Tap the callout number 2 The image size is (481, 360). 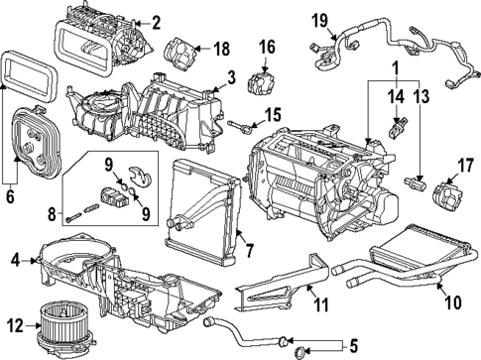pos(153,22)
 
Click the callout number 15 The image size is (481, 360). pos(272,114)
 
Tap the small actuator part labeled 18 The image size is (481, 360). pos(182,49)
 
